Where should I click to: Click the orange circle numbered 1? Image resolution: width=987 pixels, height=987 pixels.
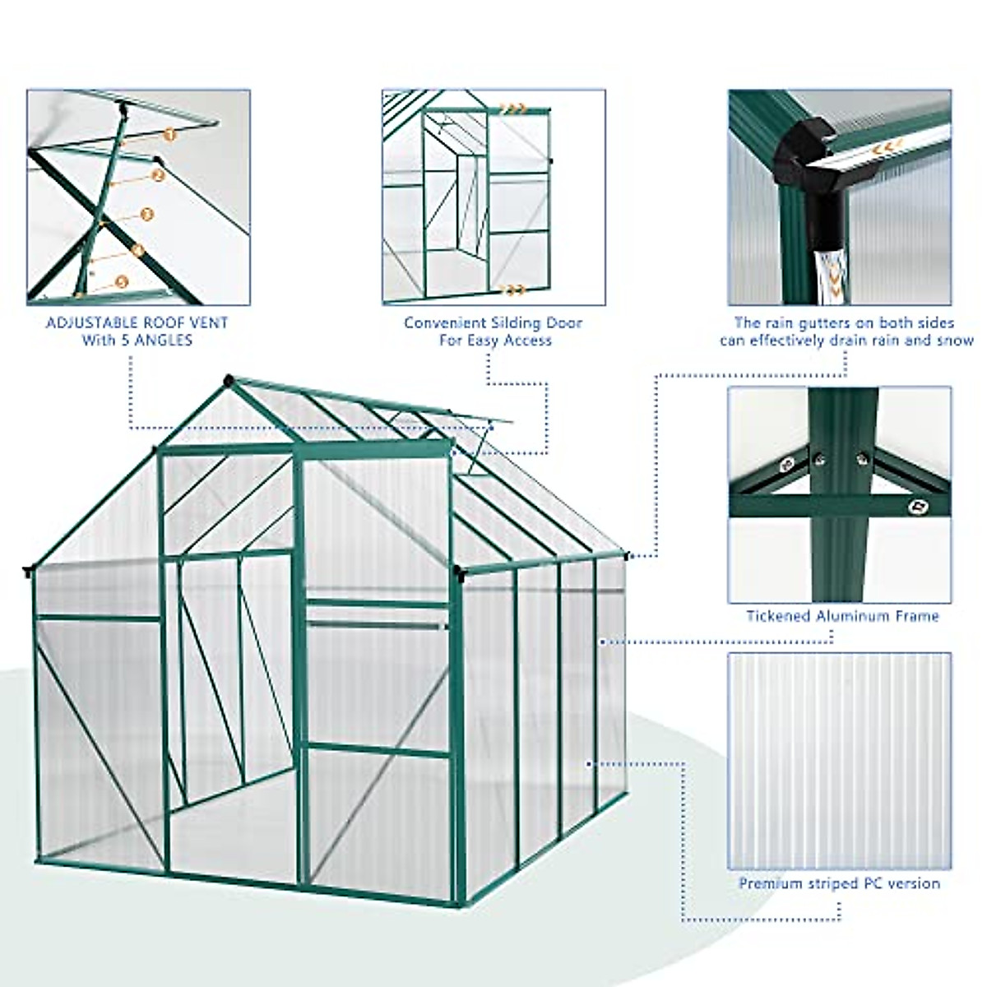click(x=169, y=133)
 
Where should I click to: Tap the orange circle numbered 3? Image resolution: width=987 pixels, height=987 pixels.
click(x=147, y=214)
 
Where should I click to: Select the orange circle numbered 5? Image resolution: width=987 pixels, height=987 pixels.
click(x=122, y=282)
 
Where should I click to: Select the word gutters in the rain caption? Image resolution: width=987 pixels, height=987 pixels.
click(x=822, y=322)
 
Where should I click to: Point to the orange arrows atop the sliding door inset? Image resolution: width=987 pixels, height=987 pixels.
click(x=514, y=108)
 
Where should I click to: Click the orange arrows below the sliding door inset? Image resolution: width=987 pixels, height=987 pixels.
click(x=514, y=290)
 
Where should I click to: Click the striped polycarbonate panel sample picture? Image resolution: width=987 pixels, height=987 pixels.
click(x=839, y=761)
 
